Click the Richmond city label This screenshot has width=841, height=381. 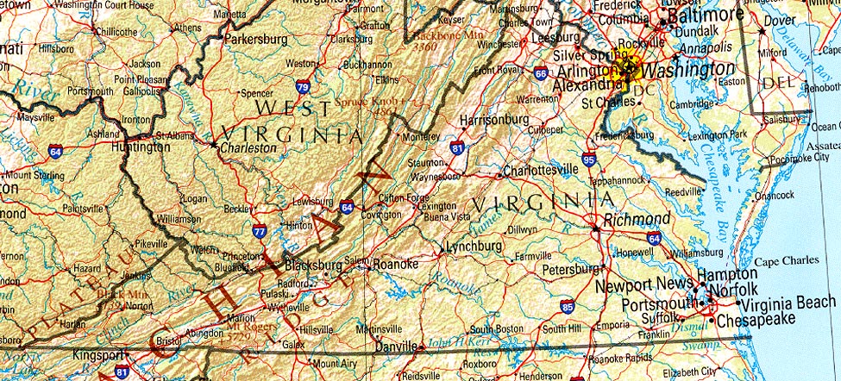coord(637,219)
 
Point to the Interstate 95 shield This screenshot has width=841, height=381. coord(589,159)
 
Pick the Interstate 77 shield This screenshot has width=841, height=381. coord(260,230)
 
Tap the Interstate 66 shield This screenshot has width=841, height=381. coord(540,74)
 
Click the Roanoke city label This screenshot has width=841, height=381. coord(398,264)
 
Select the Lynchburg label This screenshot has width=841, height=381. coord(473,247)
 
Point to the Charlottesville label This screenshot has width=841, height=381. coord(541,170)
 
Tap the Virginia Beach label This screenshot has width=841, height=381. coord(788,302)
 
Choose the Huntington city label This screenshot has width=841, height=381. coord(141,147)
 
